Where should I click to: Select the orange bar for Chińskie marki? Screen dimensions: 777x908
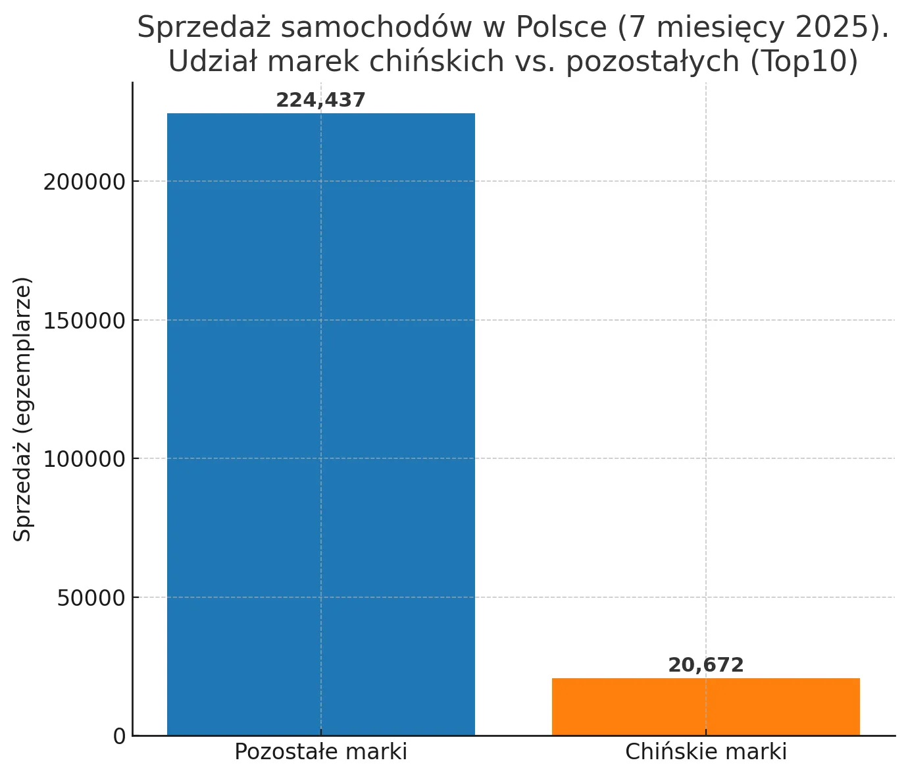(705, 707)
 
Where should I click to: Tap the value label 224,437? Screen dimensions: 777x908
(320, 100)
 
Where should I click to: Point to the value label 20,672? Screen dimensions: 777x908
(705, 665)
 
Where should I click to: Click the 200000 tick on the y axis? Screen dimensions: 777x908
(84, 182)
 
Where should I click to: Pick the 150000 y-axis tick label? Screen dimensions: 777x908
(84, 321)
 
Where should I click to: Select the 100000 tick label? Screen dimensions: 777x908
(84, 459)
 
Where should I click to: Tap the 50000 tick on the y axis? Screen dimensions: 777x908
(91, 598)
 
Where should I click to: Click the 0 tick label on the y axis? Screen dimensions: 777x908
(119, 736)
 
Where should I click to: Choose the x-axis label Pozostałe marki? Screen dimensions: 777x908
(321, 752)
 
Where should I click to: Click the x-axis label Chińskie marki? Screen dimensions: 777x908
(705, 752)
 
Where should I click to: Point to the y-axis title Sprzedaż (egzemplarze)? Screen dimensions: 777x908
(22, 409)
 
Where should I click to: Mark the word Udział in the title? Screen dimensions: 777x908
(209, 61)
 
